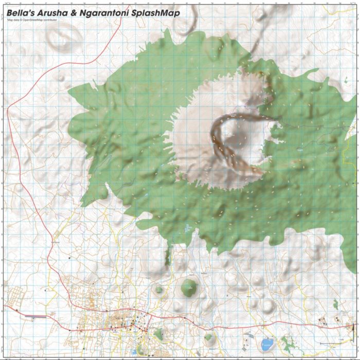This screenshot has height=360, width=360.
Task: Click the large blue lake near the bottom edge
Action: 267,344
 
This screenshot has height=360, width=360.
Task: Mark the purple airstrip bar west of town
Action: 36,317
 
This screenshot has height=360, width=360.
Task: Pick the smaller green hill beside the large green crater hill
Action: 159,290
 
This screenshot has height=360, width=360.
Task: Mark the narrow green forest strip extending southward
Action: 167,255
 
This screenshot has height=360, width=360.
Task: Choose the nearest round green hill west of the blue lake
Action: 208,337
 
